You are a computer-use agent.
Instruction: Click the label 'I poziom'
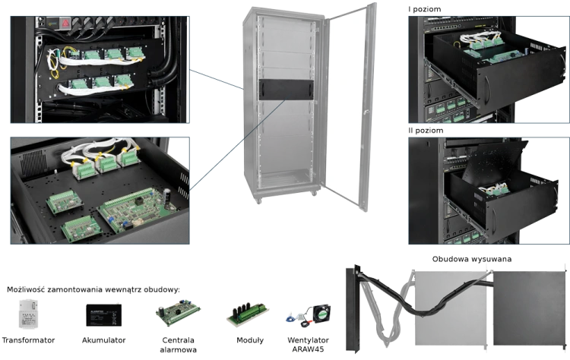424,9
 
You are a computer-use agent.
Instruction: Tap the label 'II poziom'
426,131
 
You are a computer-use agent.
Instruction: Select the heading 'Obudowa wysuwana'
471,259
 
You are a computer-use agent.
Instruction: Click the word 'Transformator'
28,340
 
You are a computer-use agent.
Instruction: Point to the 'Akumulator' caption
103,340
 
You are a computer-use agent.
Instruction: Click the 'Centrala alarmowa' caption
178,345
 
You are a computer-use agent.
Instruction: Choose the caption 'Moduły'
250,340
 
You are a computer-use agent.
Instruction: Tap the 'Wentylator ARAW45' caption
308,345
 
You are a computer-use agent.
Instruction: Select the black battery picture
103,315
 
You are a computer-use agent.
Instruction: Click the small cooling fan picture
321,313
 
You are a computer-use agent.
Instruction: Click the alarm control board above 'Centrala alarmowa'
178,313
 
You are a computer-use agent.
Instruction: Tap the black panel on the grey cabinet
286,90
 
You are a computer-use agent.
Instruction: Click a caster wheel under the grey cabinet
258,201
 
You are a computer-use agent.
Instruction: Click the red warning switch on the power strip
65,23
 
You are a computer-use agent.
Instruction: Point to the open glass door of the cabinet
349,106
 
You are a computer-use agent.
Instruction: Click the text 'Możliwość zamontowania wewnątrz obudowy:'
93,290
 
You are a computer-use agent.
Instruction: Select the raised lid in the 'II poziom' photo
495,159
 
